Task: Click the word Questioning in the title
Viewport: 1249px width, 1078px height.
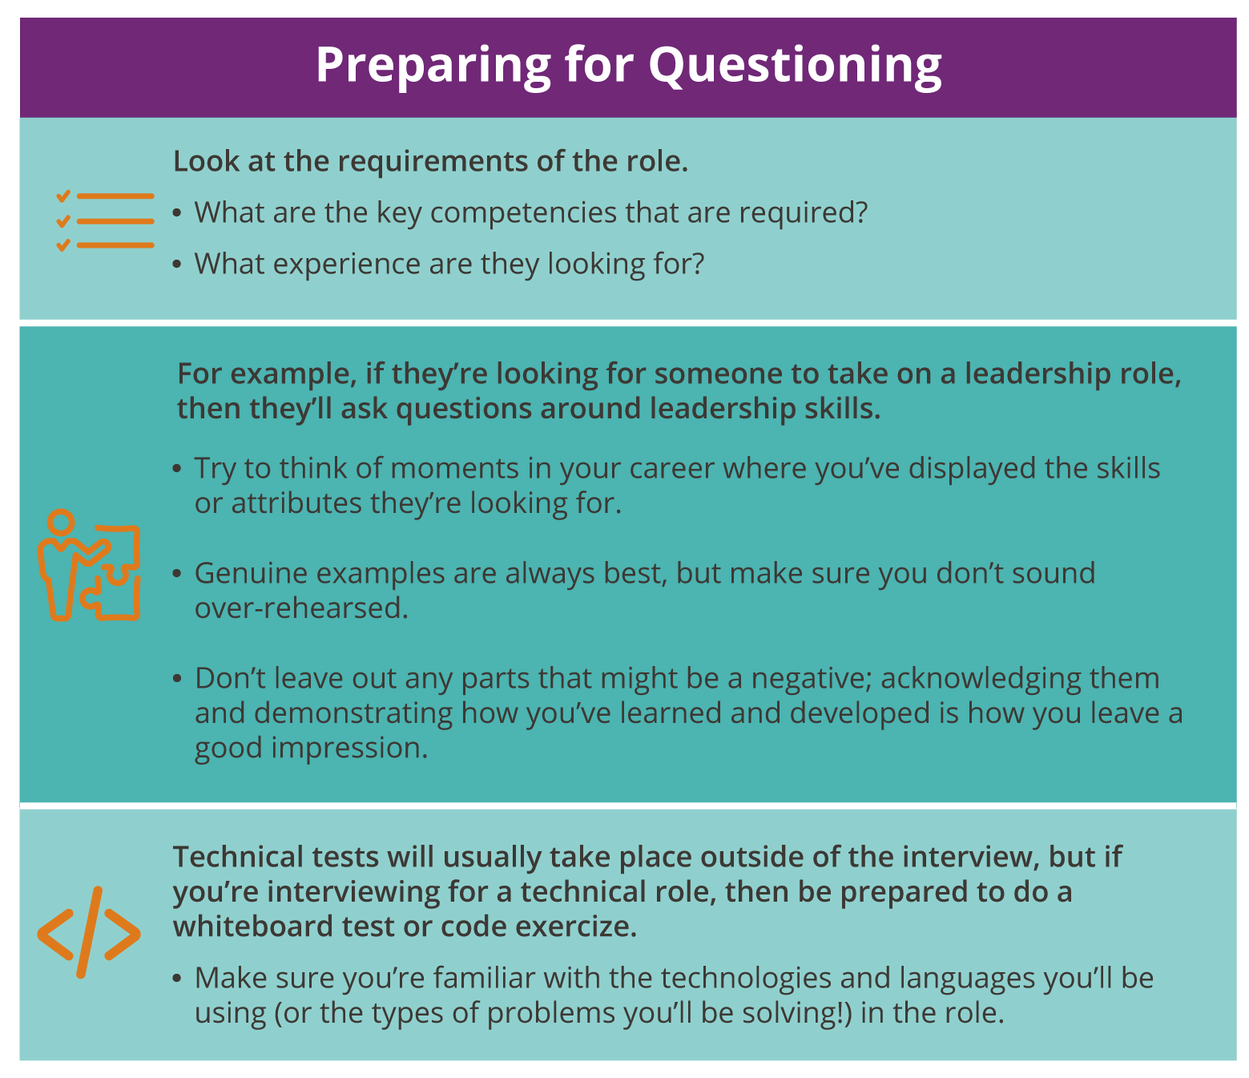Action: coord(795,66)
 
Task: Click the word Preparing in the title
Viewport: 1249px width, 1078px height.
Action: coord(433,66)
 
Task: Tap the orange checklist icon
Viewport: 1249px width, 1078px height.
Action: coord(104,220)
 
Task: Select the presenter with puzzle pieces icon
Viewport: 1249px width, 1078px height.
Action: coord(89,565)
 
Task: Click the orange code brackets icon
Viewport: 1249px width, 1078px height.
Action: coord(89,932)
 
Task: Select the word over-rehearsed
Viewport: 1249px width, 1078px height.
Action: coord(301,608)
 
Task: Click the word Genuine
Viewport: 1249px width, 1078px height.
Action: coord(250,573)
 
